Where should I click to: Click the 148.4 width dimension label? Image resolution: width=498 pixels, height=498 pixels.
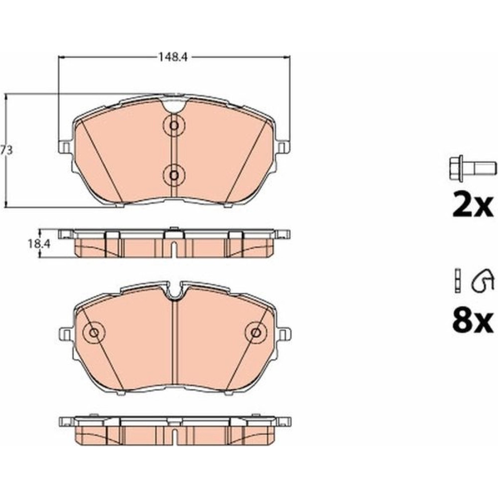[173, 57]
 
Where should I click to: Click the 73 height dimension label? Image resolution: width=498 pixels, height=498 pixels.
[6, 150]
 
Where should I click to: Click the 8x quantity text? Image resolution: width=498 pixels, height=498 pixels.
[473, 321]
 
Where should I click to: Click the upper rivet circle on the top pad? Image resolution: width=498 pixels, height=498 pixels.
[174, 125]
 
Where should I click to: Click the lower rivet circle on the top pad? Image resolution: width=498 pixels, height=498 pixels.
[174, 175]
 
